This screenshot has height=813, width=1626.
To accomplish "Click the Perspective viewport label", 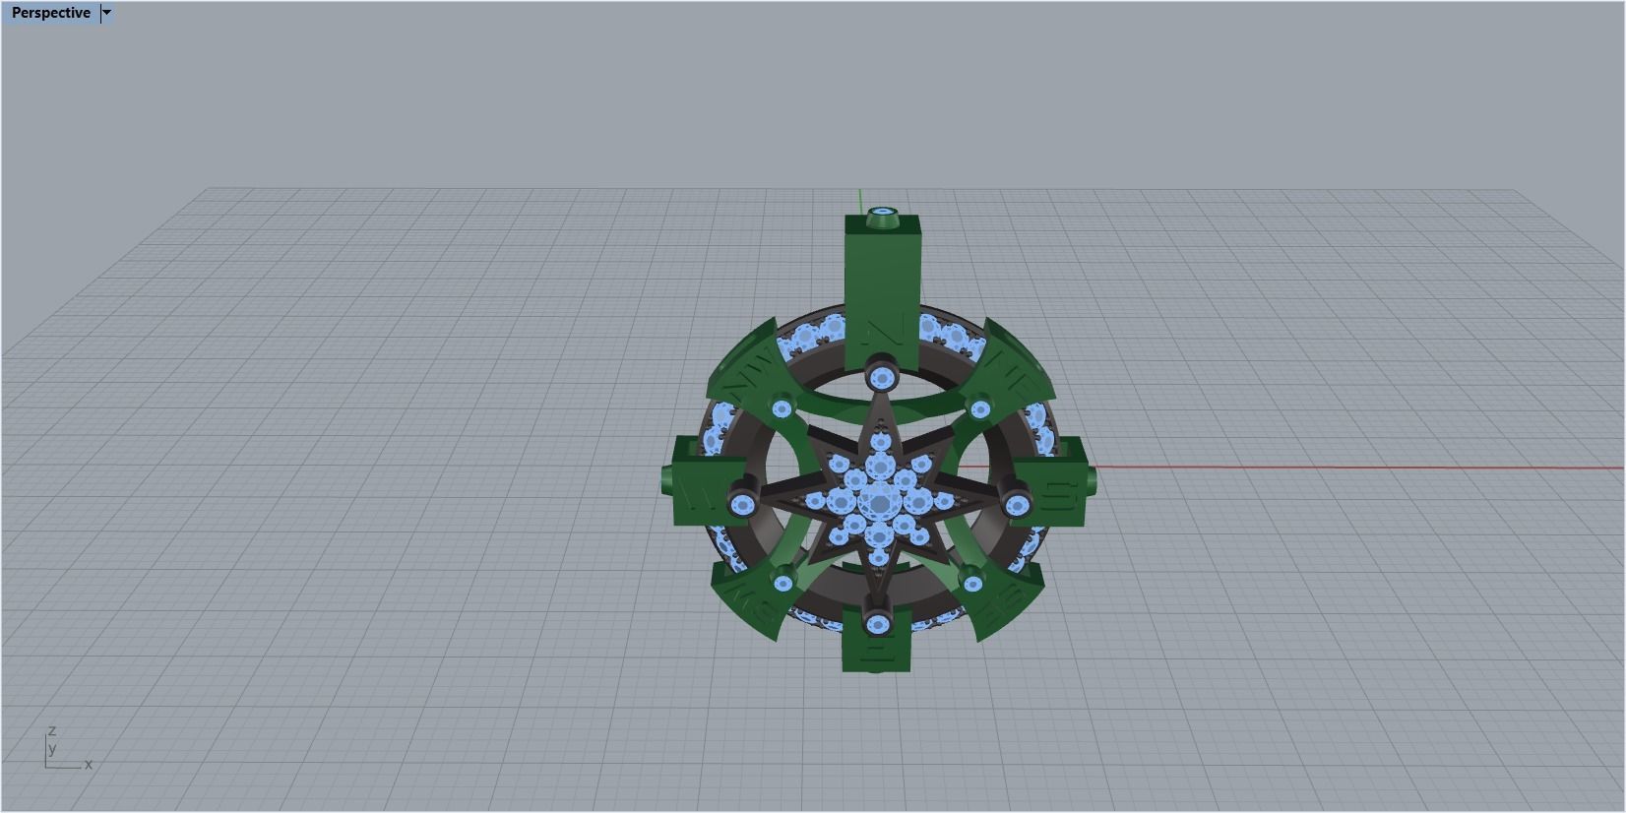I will point(50,13).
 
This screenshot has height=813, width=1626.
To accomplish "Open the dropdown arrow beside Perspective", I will point(107,13).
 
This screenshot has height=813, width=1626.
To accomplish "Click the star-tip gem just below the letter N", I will point(880,378).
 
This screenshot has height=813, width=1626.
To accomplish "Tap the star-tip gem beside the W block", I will point(742,505).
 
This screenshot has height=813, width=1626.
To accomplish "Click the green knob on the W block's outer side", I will point(666,483).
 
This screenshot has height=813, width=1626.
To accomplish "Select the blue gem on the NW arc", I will point(782,408).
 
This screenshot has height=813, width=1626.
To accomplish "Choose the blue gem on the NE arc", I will point(979,408).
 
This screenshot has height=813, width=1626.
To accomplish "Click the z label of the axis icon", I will point(52,731).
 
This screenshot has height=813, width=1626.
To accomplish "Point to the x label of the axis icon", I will point(88,765).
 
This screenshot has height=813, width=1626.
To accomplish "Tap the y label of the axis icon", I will point(52,749).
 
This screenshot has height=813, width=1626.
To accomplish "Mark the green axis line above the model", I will point(860,198).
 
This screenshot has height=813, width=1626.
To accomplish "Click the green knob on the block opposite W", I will point(1092,481).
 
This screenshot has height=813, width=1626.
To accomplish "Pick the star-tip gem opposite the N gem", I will point(876,622).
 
